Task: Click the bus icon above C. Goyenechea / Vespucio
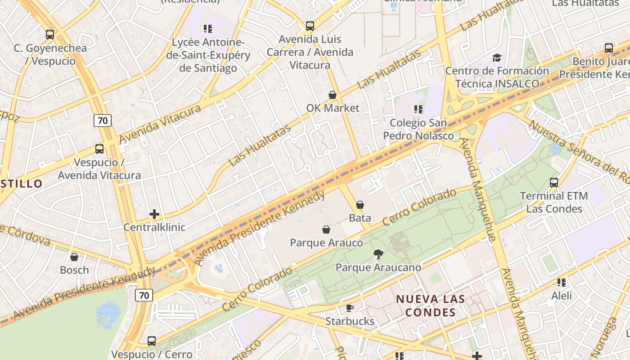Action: pos(50,34)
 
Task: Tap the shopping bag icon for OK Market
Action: pos(333,95)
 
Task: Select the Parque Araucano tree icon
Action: pos(378,254)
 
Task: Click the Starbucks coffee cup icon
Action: pos(350,308)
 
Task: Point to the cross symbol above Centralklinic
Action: pos(154,214)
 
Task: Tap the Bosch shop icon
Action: pos(74,257)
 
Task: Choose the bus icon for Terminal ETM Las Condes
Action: pos(554,183)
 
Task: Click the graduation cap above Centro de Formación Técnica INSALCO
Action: pos(497,58)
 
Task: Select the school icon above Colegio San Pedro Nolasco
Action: pos(418,109)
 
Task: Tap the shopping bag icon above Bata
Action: pos(360,205)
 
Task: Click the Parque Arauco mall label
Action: pos(326,243)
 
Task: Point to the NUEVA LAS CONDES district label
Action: pos(430,306)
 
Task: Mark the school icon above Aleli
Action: pos(562,283)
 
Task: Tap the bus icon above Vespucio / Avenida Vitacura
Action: pos(99,149)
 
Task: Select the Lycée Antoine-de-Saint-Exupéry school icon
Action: pos(208,29)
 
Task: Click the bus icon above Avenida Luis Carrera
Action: pos(310,26)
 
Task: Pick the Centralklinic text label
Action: pos(154,227)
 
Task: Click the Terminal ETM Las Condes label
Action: pos(554,202)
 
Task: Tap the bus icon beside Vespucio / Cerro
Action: pos(152,341)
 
